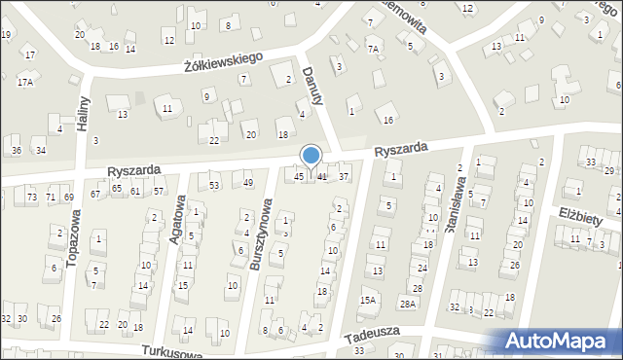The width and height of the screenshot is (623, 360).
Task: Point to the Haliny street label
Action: click(x=84, y=115)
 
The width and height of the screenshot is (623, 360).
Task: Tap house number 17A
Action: click(x=25, y=82)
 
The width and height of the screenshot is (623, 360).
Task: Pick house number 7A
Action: click(x=373, y=48)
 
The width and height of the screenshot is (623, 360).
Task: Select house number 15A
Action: click(x=367, y=301)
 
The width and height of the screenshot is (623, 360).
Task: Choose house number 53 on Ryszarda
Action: click(x=214, y=185)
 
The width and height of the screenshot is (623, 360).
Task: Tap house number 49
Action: click(x=248, y=183)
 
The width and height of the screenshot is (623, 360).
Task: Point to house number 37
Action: click(x=344, y=176)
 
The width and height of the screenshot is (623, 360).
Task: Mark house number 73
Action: click(x=32, y=198)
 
